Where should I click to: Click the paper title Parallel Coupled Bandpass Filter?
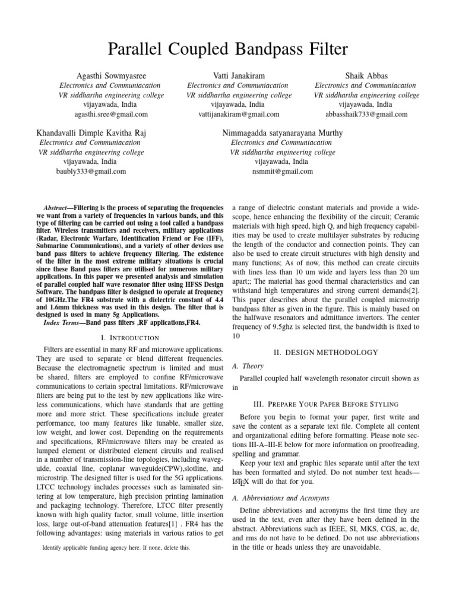[228, 49]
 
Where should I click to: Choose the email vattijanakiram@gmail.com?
[239, 114]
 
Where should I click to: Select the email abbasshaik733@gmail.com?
[366, 114]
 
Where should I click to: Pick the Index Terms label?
[64, 322]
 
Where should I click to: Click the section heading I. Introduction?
[129, 337]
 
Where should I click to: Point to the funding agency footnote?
[116, 548]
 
